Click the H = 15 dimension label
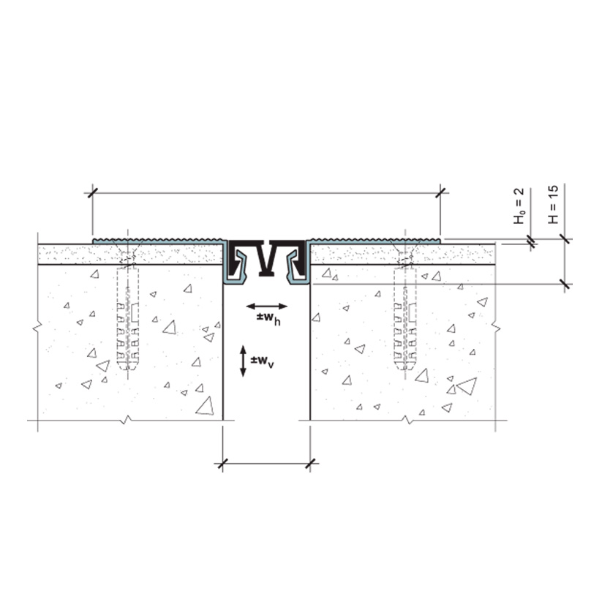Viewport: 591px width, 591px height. point(553,204)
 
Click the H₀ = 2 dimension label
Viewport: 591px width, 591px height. point(519,206)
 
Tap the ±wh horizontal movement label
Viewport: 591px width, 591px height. point(268,319)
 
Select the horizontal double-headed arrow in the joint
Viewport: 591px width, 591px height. point(267,306)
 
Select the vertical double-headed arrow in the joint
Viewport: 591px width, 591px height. point(243,361)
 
